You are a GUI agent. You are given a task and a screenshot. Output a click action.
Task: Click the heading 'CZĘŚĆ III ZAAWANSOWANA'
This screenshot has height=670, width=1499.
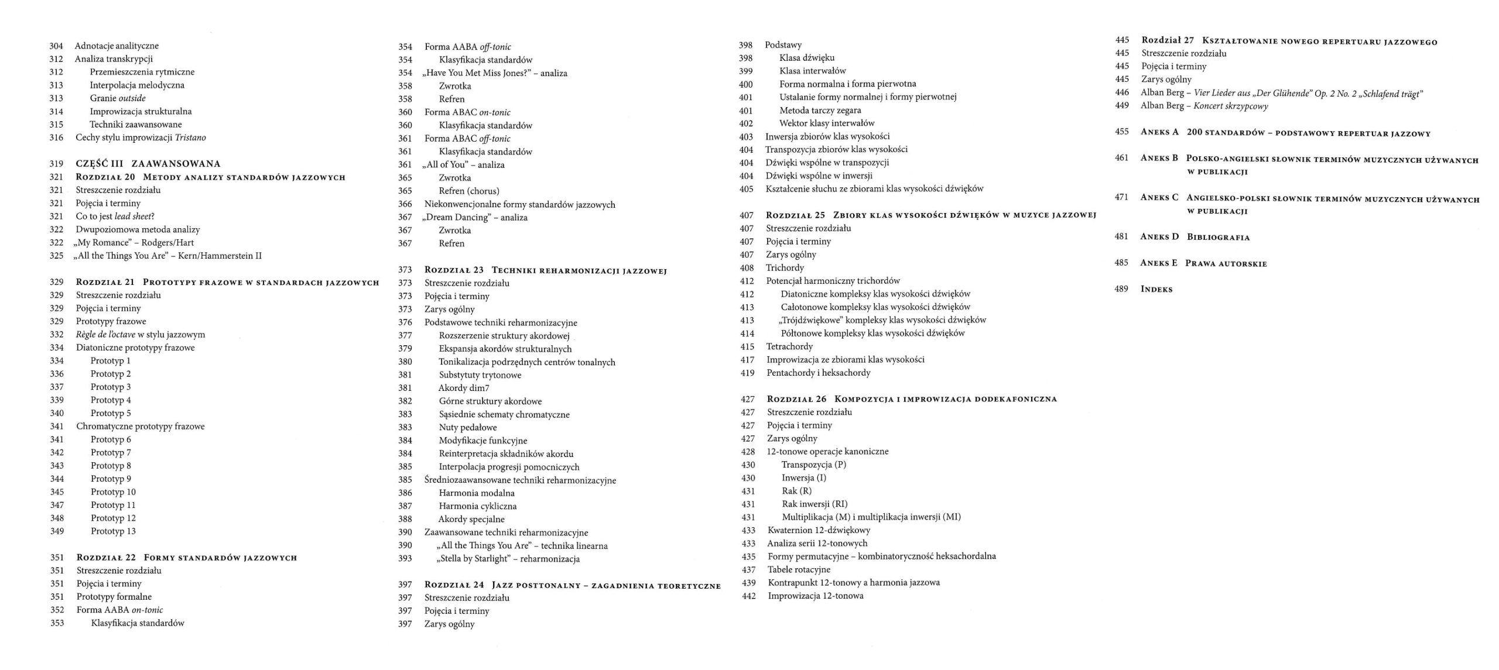(148, 164)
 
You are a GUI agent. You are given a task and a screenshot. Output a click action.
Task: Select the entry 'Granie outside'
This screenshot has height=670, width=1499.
(118, 98)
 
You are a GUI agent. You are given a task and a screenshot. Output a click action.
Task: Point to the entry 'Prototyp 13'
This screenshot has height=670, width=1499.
(113, 531)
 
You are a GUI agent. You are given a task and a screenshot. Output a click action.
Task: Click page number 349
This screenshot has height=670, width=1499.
(57, 531)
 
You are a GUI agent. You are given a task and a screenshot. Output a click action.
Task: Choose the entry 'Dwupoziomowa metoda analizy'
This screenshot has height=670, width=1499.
(138, 229)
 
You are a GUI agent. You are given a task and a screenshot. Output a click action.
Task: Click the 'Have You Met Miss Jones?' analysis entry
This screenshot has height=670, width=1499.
(495, 73)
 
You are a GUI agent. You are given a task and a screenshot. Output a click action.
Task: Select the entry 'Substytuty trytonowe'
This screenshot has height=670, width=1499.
(480, 375)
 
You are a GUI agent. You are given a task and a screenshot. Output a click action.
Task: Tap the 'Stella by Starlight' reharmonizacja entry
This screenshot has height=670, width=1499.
(508, 559)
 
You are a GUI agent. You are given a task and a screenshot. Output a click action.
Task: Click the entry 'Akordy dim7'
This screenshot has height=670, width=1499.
(464, 388)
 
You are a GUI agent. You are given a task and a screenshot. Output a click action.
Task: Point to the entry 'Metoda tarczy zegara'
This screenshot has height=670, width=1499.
(820, 110)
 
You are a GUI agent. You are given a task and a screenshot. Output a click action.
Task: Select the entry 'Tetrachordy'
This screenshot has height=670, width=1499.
(789, 346)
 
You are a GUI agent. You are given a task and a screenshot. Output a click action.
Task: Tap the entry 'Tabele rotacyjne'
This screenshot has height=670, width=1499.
(799, 569)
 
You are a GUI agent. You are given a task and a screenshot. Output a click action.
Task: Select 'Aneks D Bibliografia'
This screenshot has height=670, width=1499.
(1195, 237)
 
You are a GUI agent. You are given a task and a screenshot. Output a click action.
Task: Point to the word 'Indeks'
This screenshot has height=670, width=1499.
(1156, 289)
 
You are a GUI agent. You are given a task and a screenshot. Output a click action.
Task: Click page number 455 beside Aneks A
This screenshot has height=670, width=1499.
(1121, 132)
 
